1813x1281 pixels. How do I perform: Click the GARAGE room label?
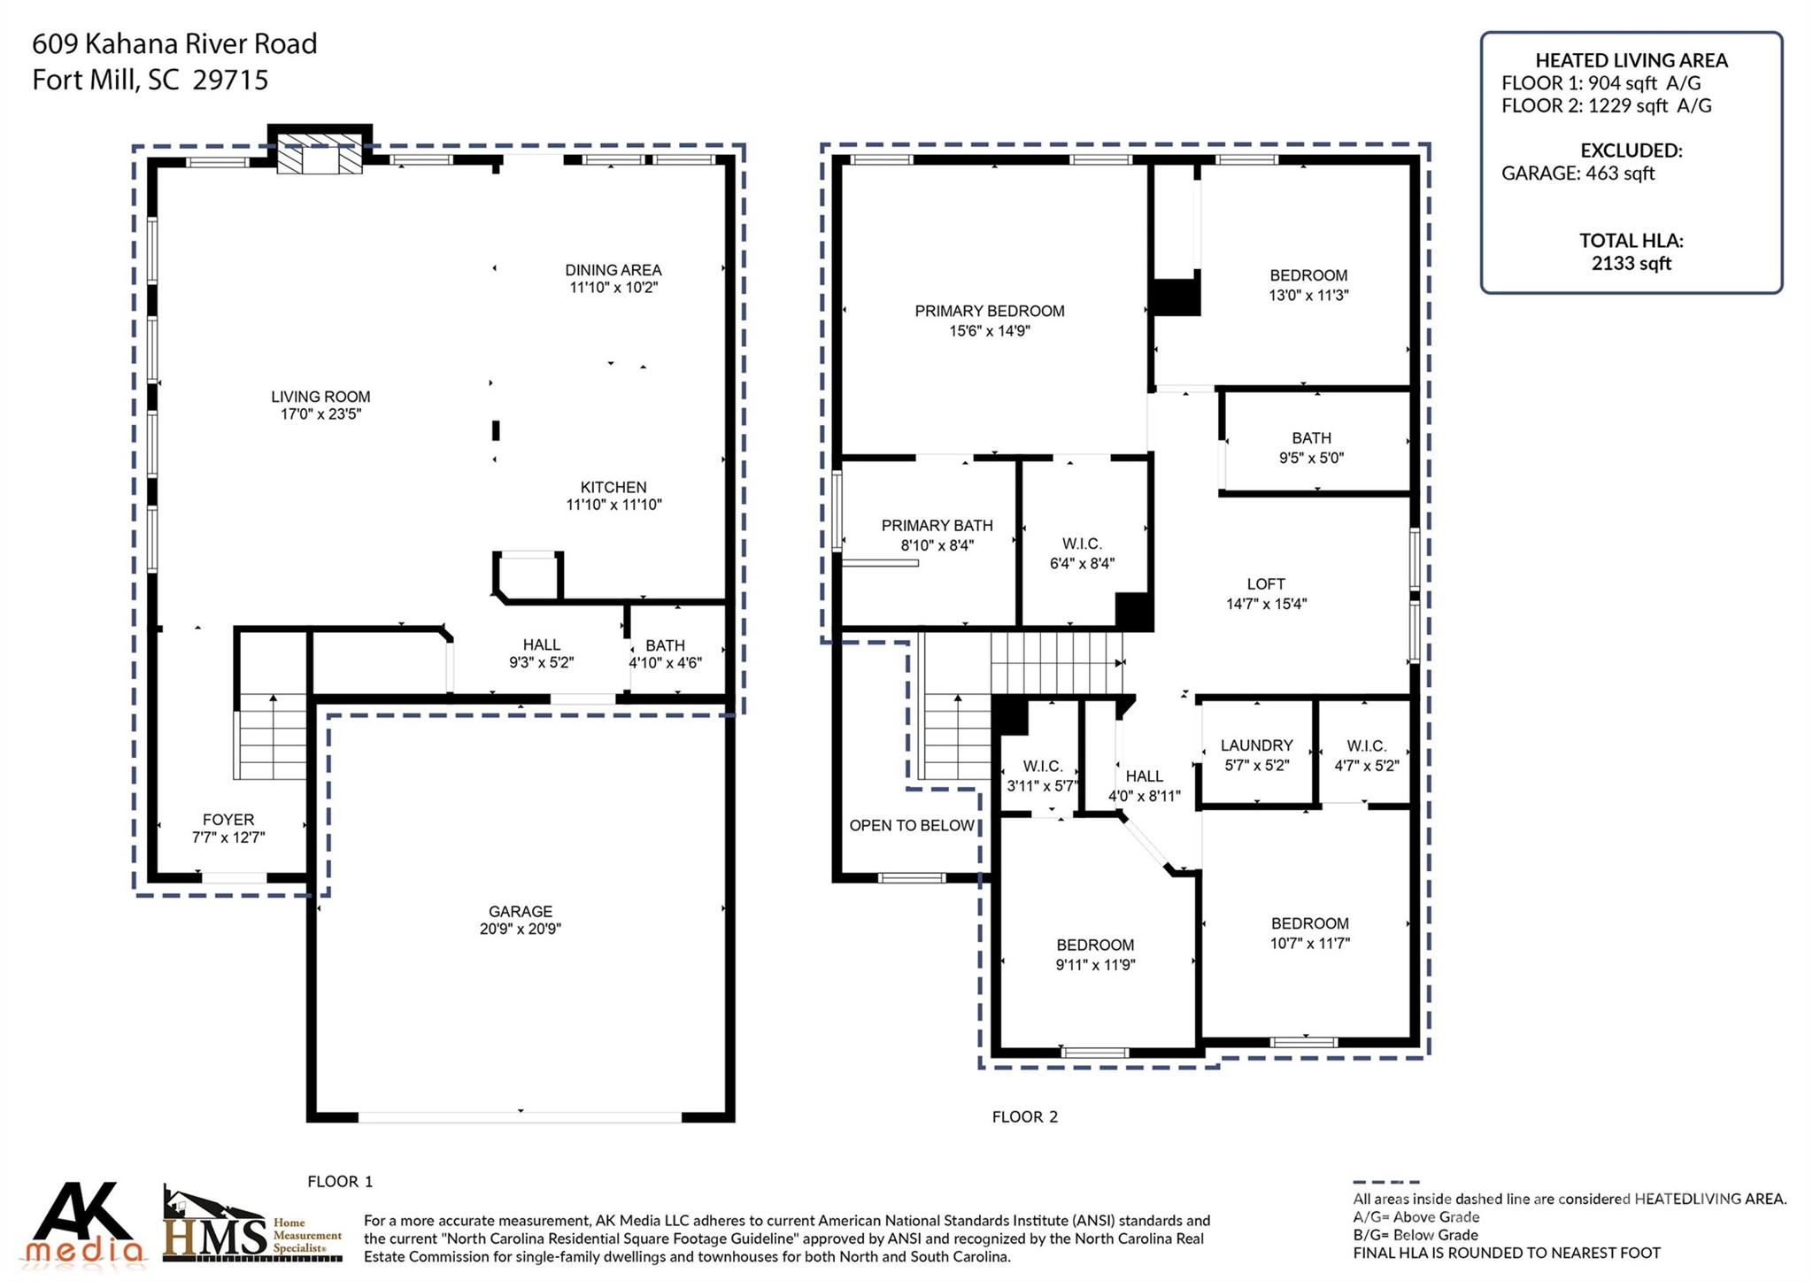click(x=520, y=911)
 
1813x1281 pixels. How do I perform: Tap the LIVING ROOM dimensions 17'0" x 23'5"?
click(x=320, y=414)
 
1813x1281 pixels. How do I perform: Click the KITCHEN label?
click(x=613, y=487)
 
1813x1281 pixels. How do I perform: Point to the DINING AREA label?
click(x=613, y=270)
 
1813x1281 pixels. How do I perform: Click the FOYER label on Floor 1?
click(x=228, y=820)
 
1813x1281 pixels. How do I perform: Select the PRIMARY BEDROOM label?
click(x=989, y=311)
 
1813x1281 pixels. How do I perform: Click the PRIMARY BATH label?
click(x=937, y=525)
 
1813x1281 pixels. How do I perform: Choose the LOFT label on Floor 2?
click(x=1265, y=584)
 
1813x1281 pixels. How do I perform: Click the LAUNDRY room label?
click(x=1256, y=745)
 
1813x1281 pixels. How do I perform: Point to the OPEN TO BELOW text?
click(x=911, y=826)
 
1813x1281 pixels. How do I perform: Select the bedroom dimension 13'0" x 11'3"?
click(x=1308, y=296)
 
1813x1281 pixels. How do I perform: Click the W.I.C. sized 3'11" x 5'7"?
click(x=1042, y=776)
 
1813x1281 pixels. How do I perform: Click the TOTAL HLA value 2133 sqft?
click(x=1631, y=264)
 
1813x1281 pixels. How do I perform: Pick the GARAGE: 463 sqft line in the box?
click(x=1578, y=174)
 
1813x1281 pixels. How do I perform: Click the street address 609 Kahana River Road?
click(x=174, y=43)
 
